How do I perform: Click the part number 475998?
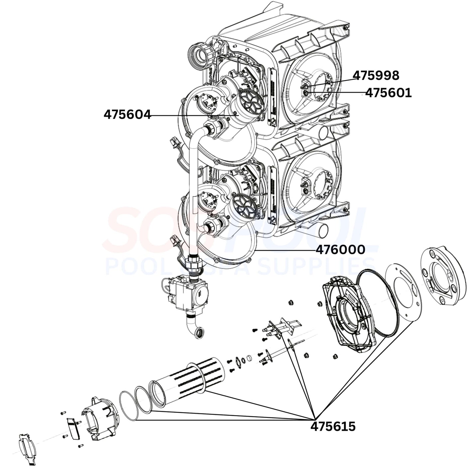[x=376, y=75]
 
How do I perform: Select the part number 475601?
[x=388, y=93]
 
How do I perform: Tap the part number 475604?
[x=127, y=115]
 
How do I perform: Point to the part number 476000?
[x=340, y=249]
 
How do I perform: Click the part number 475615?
[x=333, y=426]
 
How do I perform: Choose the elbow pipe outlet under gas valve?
[x=196, y=329]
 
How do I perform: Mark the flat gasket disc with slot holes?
[x=403, y=293]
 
